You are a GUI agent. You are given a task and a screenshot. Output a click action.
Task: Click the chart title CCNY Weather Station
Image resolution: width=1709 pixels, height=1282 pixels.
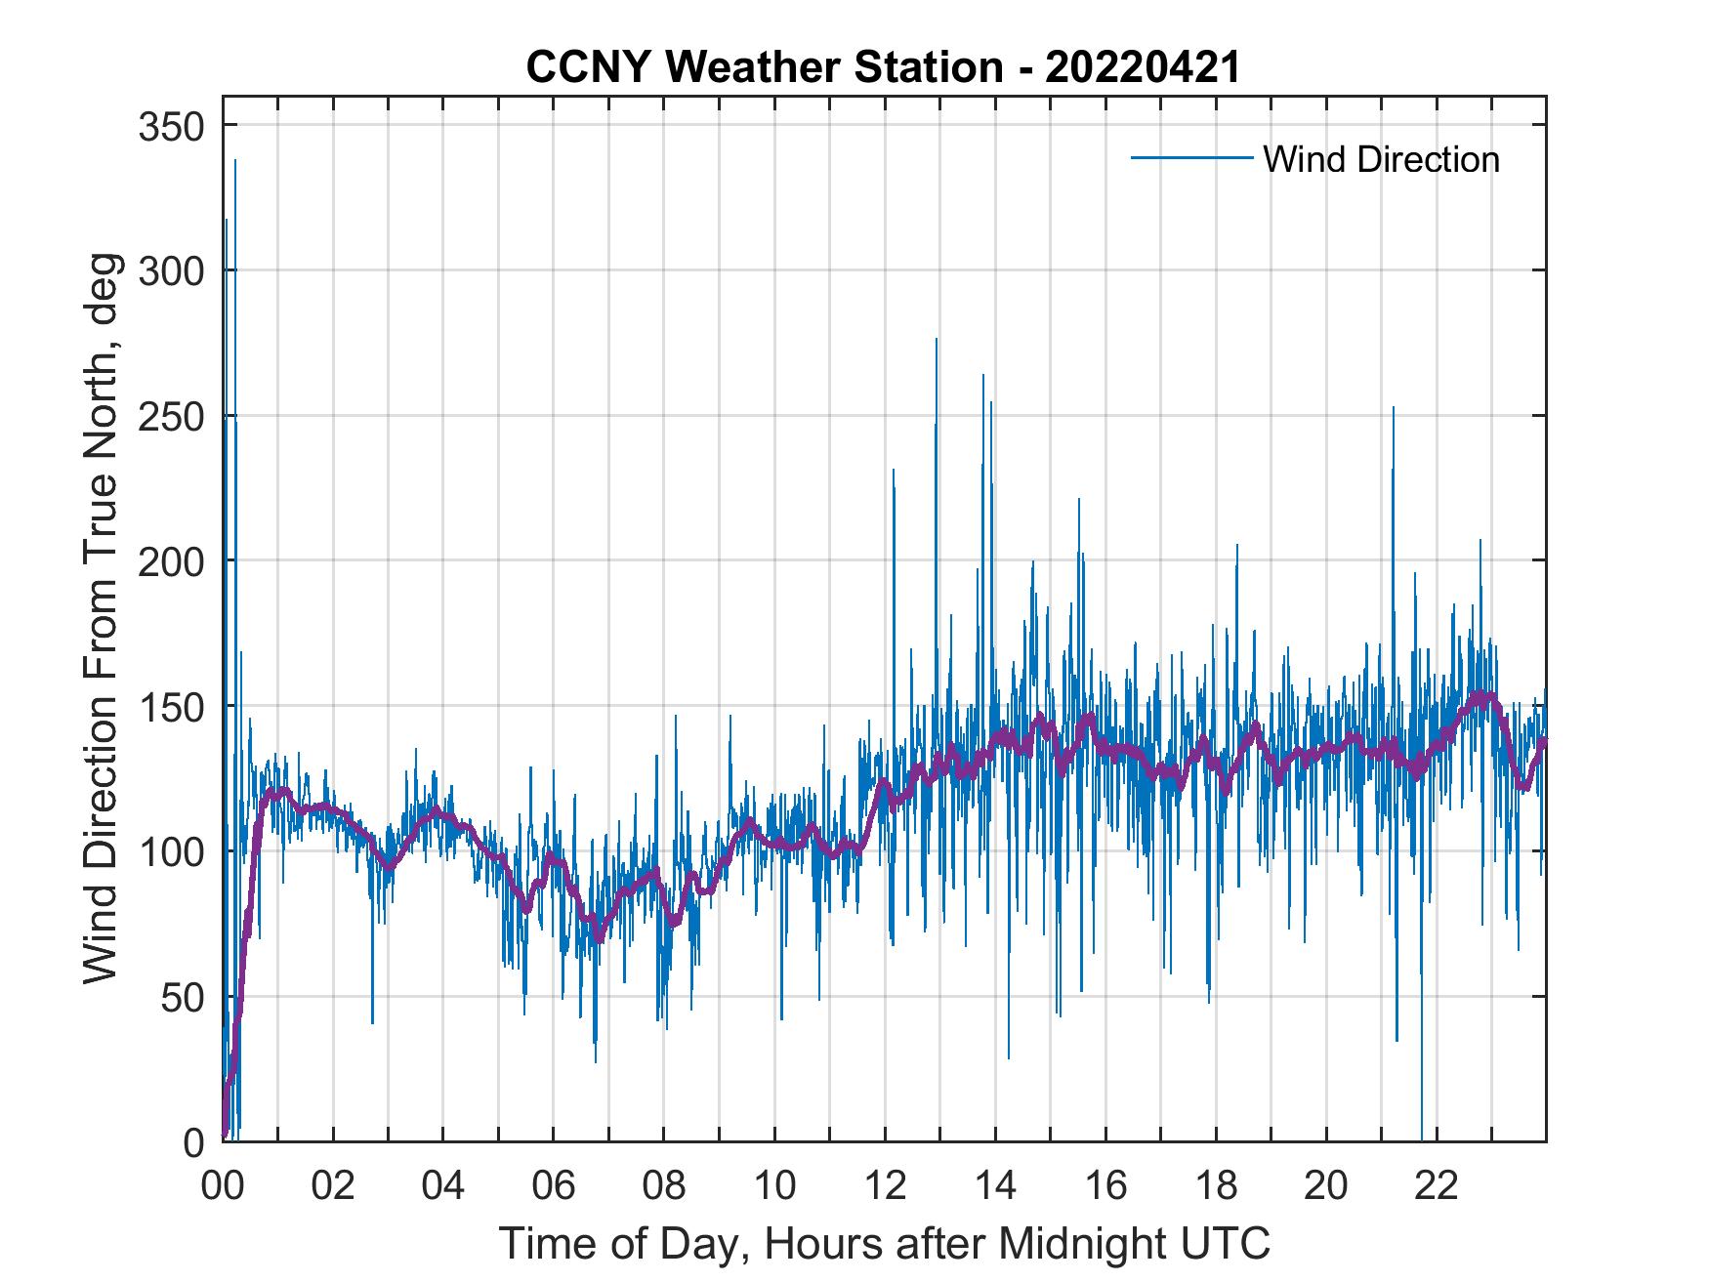883,67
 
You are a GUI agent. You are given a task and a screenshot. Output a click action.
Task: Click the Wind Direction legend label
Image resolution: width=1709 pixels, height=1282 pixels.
1381,159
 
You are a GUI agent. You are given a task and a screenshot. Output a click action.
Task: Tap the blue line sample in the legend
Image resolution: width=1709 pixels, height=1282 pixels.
1191,157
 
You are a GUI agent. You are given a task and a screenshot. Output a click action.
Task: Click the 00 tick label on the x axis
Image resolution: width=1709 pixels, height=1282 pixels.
223,1186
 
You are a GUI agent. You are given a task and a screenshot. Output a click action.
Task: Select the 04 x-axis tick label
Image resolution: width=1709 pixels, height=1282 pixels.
443,1186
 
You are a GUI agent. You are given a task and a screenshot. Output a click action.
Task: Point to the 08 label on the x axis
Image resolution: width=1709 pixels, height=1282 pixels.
664,1186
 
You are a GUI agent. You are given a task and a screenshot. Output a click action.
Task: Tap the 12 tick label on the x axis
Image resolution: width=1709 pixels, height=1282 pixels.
885,1186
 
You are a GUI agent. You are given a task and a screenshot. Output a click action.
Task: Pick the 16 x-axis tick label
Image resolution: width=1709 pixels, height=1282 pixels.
1105,1186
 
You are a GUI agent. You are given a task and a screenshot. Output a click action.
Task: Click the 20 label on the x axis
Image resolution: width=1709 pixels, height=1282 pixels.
1326,1186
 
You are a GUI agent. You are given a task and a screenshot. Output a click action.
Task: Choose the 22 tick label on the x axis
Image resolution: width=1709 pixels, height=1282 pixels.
1437,1186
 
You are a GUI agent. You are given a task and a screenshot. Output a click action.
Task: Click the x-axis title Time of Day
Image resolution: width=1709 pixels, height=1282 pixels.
885,1243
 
